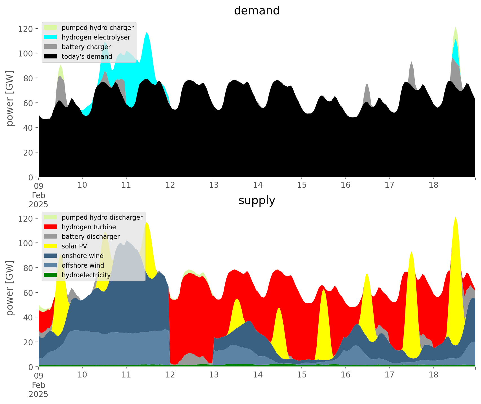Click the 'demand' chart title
[x=257, y=11]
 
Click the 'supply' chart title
[x=257, y=200]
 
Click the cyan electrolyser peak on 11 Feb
[x=147, y=32]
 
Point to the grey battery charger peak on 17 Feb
[x=412, y=62]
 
